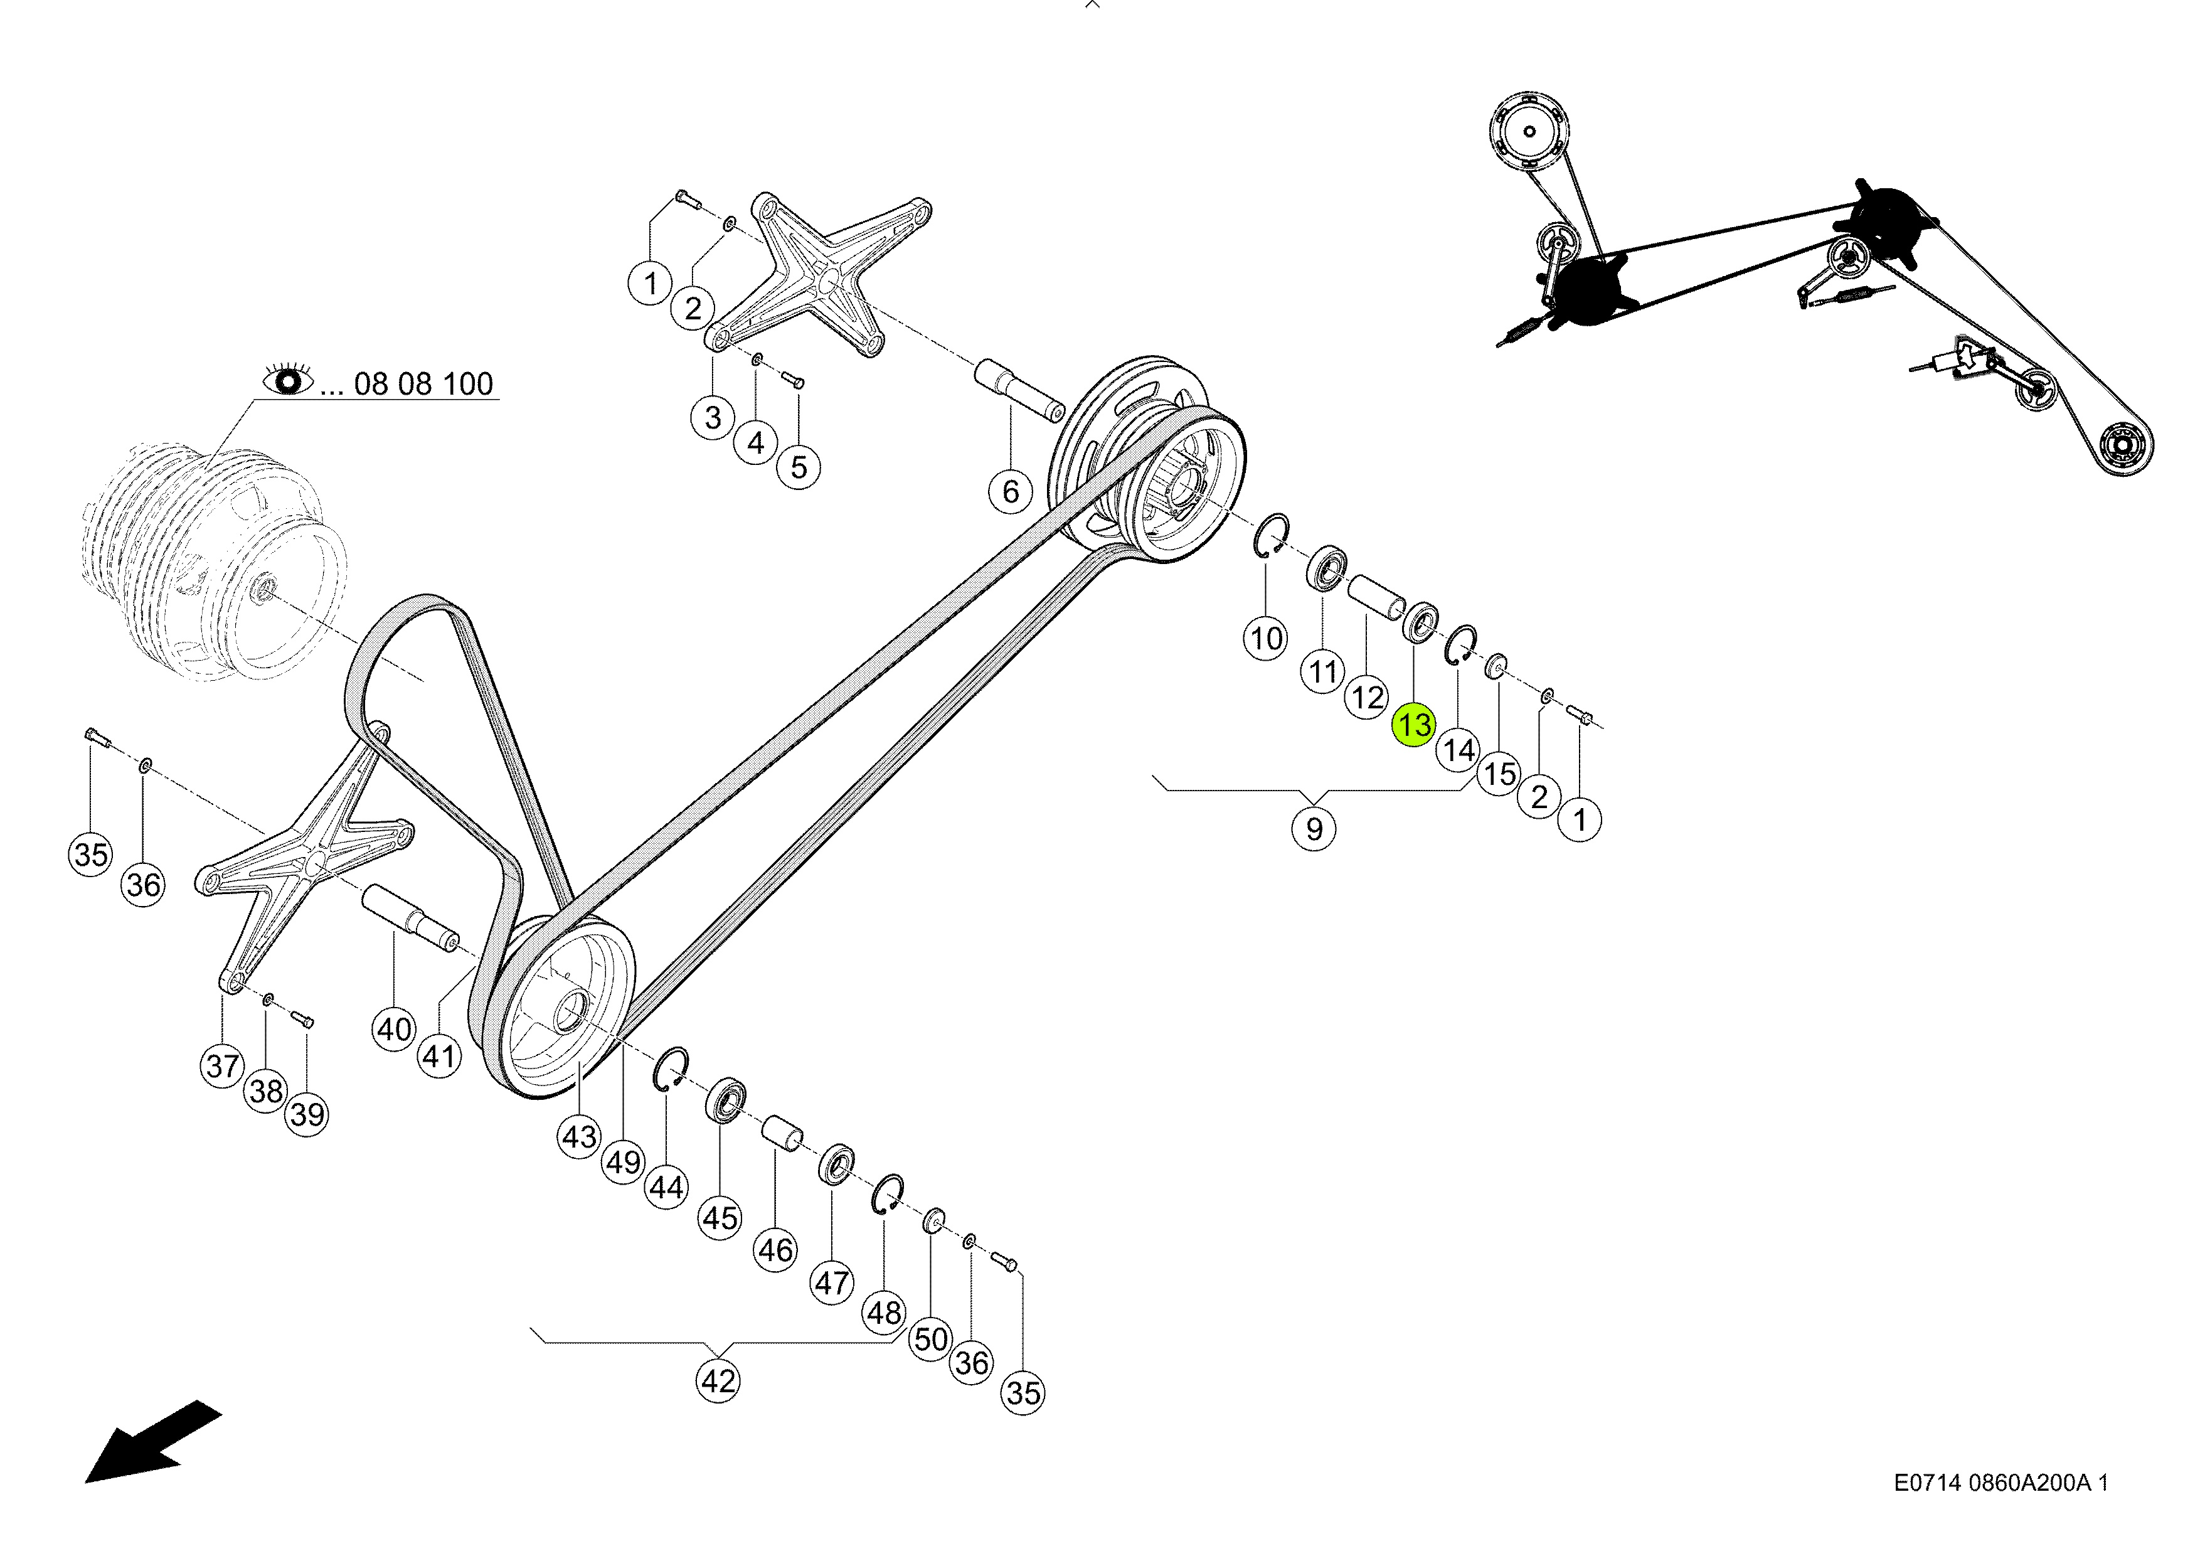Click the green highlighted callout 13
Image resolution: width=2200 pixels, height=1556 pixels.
[x=1414, y=724]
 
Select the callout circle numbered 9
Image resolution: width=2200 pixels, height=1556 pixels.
[x=1314, y=828]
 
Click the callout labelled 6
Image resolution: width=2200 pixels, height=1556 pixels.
[x=1010, y=491]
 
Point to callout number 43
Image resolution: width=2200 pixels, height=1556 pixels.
[x=579, y=1138]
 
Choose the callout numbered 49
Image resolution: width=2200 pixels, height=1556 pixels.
[x=623, y=1162]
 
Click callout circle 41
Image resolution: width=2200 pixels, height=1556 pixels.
[x=439, y=1056]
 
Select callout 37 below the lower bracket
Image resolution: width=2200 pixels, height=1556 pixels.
[x=222, y=1065]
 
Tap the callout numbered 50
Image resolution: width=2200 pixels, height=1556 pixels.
[x=930, y=1338]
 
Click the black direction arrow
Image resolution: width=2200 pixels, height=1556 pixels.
[x=153, y=1441]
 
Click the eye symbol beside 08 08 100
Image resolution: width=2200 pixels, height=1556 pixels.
[x=289, y=381]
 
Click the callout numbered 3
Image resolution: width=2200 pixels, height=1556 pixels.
[x=712, y=418]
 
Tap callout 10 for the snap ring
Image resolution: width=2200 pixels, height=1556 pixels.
[x=1266, y=637]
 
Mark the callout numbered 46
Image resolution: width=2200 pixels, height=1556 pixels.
[x=775, y=1250]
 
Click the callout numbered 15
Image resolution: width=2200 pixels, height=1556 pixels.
[x=1499, y=773]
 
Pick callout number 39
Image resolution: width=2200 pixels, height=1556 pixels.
[x=307, y=1114]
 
